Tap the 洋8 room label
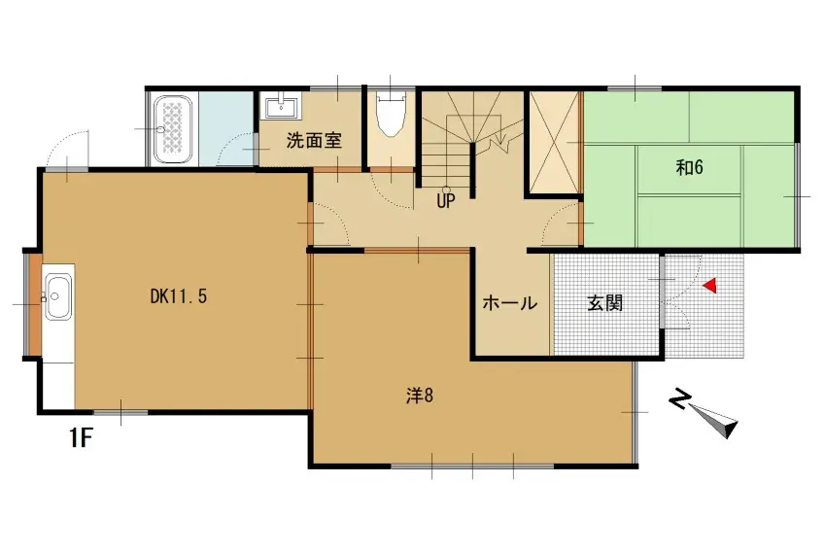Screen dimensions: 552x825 pyautogui.click(x=419, y=397)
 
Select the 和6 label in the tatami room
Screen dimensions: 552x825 pyautogui.click(x=689, y=167)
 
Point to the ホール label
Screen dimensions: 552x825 pyautogui.click(x=510, y=303)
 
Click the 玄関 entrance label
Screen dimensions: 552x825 pyautogui.click(x=604, y=303)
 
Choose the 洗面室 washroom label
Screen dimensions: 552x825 pyautogui.click(x=313, y=140)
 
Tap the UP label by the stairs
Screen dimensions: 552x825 pyautogui.click(x=446, y=202)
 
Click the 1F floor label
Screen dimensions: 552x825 pyautogui.click(x=80, y=438)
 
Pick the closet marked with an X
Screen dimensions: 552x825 pyautogui.click(x=552, y=141)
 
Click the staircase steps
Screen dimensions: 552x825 pyautogui.click(x=470, y=136)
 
